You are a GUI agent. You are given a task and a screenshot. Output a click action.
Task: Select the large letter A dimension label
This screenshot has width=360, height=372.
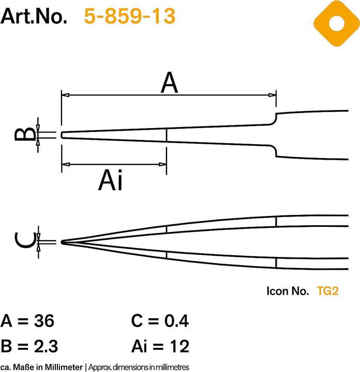(169, 83)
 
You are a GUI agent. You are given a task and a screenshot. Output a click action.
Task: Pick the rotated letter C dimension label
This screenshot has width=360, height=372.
(24, 241)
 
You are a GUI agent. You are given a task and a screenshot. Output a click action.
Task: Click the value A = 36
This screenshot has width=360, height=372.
(28, 321)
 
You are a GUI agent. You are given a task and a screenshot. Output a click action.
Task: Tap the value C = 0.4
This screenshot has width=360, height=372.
(160, 321)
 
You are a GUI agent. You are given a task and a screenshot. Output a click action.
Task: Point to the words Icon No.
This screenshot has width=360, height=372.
(288, 291)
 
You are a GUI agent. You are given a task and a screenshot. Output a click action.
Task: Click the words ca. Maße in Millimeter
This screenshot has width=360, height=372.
(41, 367)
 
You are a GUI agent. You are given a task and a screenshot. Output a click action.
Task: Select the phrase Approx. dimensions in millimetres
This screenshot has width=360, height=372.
(138, 367)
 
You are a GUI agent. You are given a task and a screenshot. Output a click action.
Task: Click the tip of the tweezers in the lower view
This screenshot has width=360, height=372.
(63, 242)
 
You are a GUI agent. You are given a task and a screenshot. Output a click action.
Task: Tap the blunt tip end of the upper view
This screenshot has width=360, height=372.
(62, 135)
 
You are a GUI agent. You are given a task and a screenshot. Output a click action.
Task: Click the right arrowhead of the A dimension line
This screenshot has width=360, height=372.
(273, 95)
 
